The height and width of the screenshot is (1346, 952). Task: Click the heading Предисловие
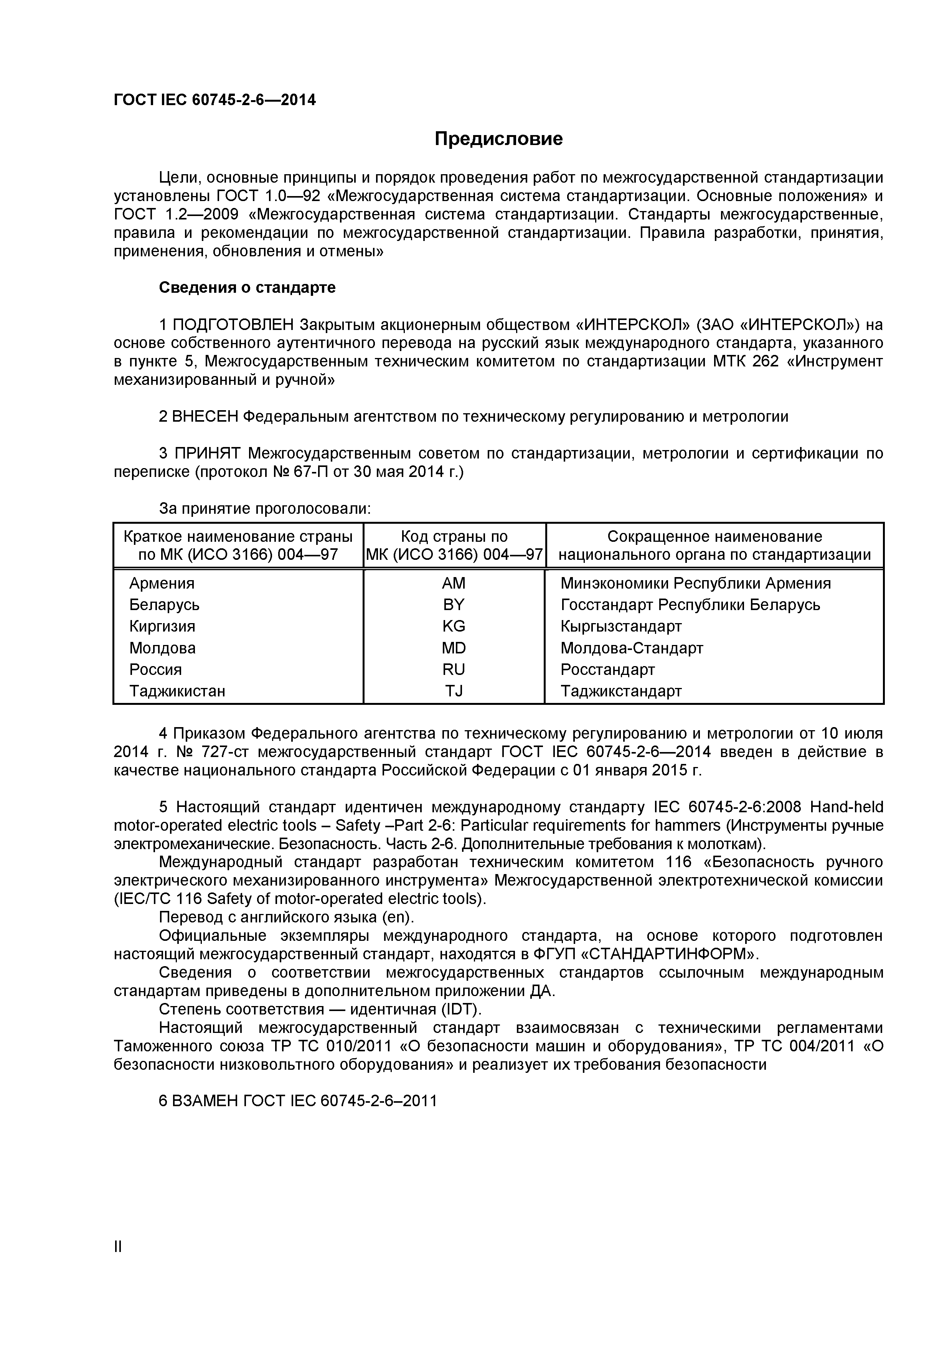(498, 139)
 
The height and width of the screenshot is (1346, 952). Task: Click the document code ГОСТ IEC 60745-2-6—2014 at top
(214, 100)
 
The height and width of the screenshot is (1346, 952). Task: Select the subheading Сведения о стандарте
(247, 288)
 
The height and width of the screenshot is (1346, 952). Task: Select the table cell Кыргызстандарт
(621, 626)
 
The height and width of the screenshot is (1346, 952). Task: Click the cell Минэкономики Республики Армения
(695, 583)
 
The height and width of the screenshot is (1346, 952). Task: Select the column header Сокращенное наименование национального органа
(714, 545)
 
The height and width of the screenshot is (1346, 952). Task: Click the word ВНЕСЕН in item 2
(206, 417)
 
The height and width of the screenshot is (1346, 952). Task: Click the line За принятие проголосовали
(265, 508)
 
